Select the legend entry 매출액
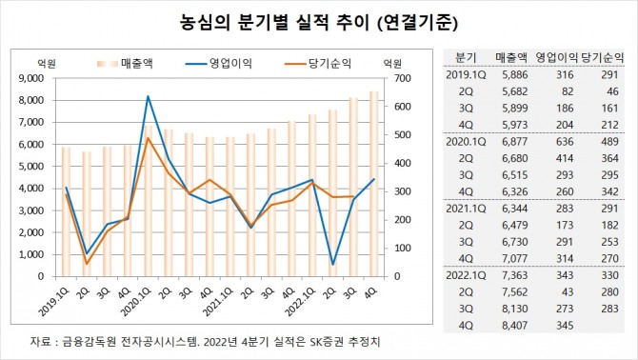pos(143,63)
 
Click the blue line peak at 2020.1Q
pos(148,96)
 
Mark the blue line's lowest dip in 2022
pos(333,264)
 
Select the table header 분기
pos(467,54)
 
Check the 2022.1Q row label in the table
pos(468,275)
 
